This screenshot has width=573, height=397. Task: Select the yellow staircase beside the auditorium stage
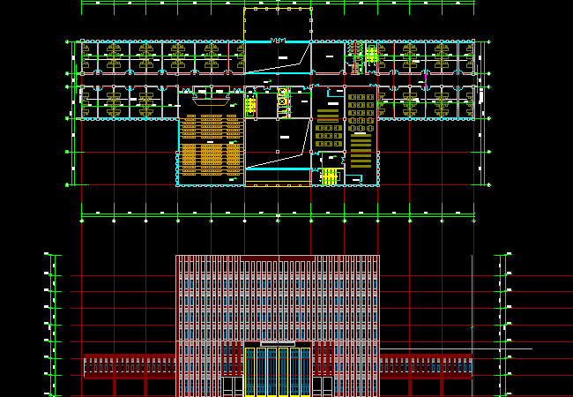pyautogui.click(x=251, y=106)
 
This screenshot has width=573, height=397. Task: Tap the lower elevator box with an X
pyautogui.click(x=283, y=101)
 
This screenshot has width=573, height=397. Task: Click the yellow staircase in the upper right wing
pyautogui.click(x=372, y=56)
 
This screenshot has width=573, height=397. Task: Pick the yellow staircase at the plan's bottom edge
pyautogui.click(x=329, y=176)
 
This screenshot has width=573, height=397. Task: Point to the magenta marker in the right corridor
pyautogui.click(x=425, y=78)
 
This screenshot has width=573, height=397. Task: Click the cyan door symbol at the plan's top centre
pyautogui.click(x=278, y=40)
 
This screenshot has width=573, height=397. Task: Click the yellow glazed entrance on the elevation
pyautogui.click(x=278, y=371)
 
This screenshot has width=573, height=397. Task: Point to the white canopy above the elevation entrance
pyautogui.click(x=278, y=343)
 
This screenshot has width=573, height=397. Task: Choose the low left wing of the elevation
pyautogui.click(x=130, y=366)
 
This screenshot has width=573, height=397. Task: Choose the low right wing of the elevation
pyautogui.click(x=426, y=366)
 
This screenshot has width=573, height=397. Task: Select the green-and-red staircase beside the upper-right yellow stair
pyautogui.click(x=357, y=55)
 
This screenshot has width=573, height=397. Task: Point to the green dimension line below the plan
pyautogui.click(x=278, y=213)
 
